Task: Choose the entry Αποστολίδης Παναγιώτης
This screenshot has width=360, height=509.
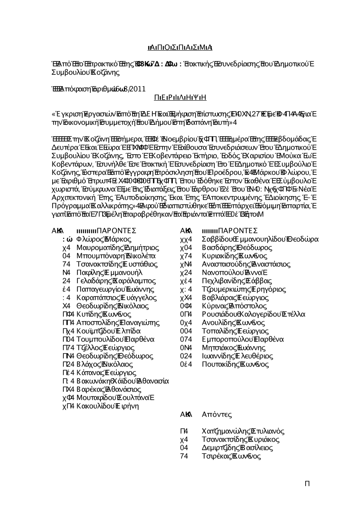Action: coord(118,323)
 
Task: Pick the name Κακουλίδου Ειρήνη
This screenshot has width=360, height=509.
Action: coord(108,406)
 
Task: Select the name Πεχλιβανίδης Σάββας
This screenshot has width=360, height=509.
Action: coord(237,281)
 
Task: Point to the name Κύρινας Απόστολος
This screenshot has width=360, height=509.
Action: coord(234,306)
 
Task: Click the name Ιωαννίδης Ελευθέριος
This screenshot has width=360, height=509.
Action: coord(235,356)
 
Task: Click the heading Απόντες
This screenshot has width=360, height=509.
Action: coord(217,414)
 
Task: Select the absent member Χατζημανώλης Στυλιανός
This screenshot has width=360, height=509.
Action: coord(243,431)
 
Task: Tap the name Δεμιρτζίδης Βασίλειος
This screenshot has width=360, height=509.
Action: coord(237,448)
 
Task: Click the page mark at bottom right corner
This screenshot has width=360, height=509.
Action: coord(307,483)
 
